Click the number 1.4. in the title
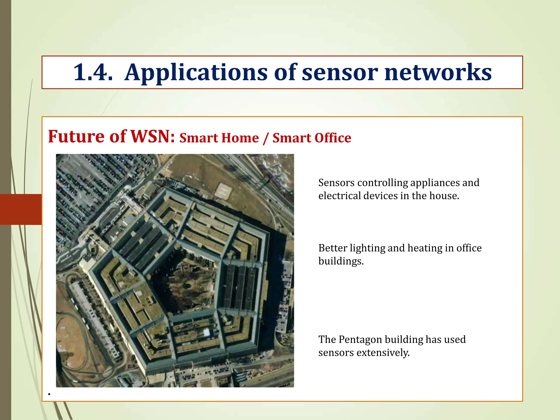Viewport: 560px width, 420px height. (x=93, y=72)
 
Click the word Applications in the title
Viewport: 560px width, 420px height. (x=196, y=73)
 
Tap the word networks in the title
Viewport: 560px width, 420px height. (x=438, y=72)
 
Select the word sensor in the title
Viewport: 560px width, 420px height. (x=340, y=73)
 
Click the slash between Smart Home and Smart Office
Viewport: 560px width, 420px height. (x=266, y=138)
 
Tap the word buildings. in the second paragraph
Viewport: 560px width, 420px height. (x=341, y=261)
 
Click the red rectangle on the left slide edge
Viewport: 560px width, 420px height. (x=21, y=209)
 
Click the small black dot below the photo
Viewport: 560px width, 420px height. (x=49, y=394)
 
